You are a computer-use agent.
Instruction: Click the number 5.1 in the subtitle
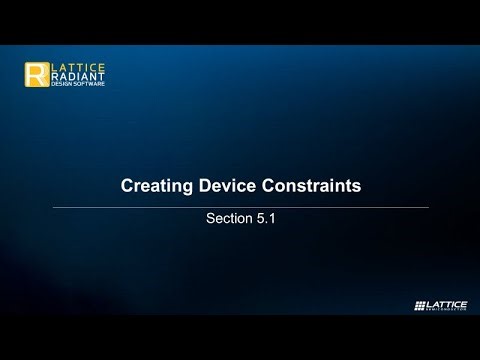[x=264, y=218]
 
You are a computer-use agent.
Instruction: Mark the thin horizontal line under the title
[x=240, y=207]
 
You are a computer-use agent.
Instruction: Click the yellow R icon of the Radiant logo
[x=36, y=75]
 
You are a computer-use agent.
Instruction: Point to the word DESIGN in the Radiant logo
[x=62, y=84]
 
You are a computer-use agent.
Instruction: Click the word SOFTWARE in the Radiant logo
[x=86, y=84]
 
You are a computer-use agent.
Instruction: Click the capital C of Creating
[x=126, y=186]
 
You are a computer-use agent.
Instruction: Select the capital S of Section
[x=209, y=218]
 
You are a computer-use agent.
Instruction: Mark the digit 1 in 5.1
[x=270, y=218]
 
